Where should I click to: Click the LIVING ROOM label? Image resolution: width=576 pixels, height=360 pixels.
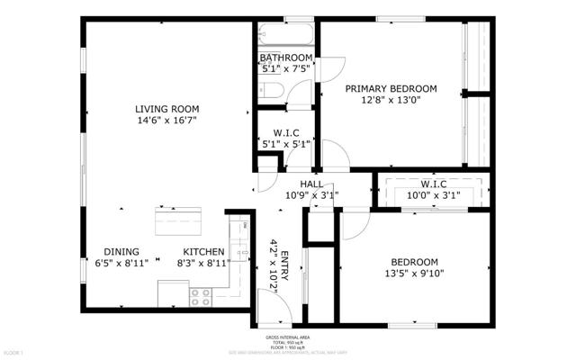pos(166,107)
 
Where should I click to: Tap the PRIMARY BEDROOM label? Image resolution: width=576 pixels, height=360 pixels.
pos(391,88)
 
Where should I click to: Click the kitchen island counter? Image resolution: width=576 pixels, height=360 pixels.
pos(177,220)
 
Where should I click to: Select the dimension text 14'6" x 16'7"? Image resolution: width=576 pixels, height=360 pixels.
pos(166,120)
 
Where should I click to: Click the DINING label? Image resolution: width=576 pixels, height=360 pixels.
pos(121,252)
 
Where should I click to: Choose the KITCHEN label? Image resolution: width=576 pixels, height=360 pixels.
pos(203,252)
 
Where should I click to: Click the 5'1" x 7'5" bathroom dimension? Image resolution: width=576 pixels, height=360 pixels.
pos(285,67)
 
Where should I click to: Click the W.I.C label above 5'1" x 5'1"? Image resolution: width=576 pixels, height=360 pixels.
pos(285,131)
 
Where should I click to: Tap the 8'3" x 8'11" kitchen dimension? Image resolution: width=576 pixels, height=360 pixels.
pos(203,265)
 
